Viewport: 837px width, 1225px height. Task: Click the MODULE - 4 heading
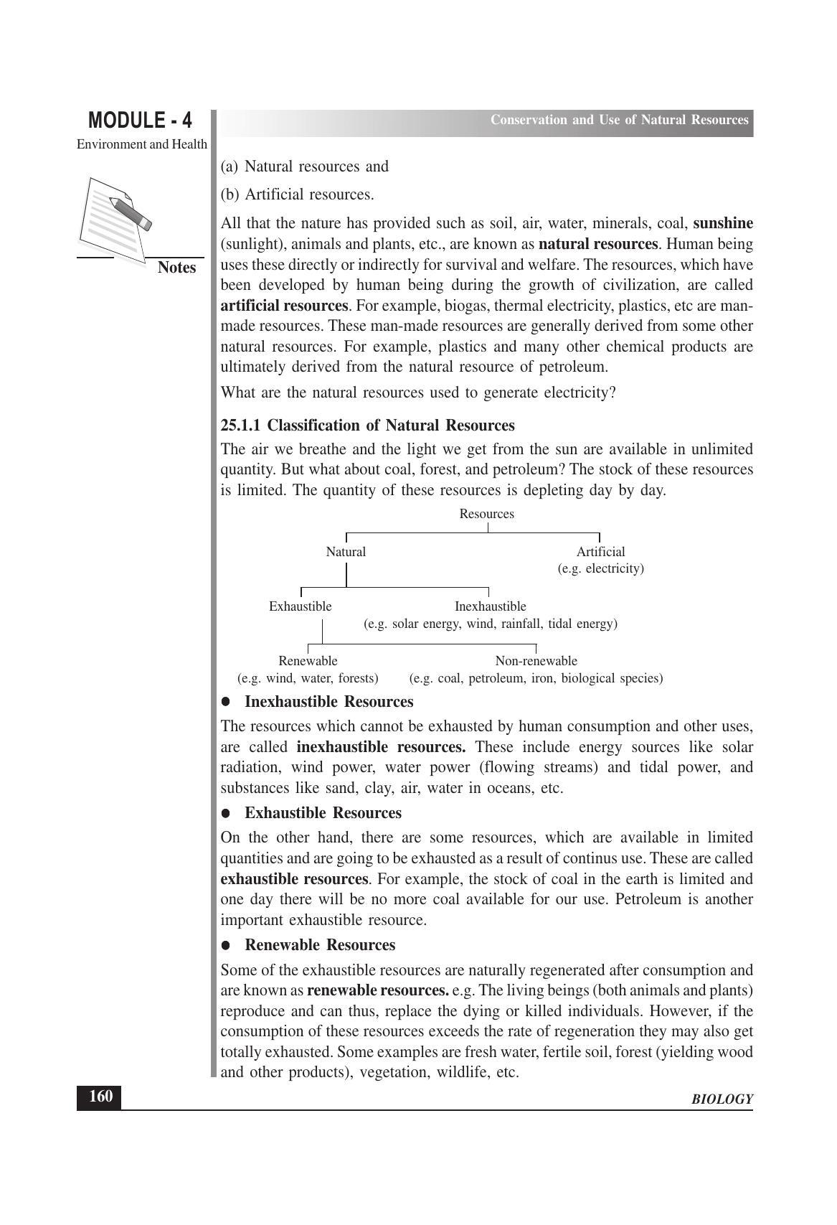coord(140,120)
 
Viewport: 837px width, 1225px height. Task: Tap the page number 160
coord(100,1097)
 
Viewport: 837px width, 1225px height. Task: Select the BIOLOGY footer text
coord(722,1099)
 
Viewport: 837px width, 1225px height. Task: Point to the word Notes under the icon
coord(176,268)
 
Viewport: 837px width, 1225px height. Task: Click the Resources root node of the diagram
coord(486,514)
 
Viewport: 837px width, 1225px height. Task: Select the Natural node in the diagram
coord(346,552)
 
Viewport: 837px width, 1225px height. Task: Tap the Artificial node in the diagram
coord(600,552)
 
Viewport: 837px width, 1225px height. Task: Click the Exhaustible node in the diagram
coord(300,606)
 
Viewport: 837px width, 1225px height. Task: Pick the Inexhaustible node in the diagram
coord(490,606)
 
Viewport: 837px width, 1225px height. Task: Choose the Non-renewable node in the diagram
coord(536,661)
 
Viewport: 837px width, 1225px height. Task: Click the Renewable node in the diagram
coord(308,661)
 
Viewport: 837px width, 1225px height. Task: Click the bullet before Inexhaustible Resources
coord(226,702)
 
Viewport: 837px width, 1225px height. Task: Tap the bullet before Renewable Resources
coord(226,945)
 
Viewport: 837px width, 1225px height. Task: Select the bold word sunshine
coord(723,223)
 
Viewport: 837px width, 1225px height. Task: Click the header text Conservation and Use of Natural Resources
coord(619,120)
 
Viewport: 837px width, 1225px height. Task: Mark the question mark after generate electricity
coord(613,393)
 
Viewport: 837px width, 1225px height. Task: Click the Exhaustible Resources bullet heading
coord(323,813)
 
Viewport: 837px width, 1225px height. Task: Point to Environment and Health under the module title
coord(142,144)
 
